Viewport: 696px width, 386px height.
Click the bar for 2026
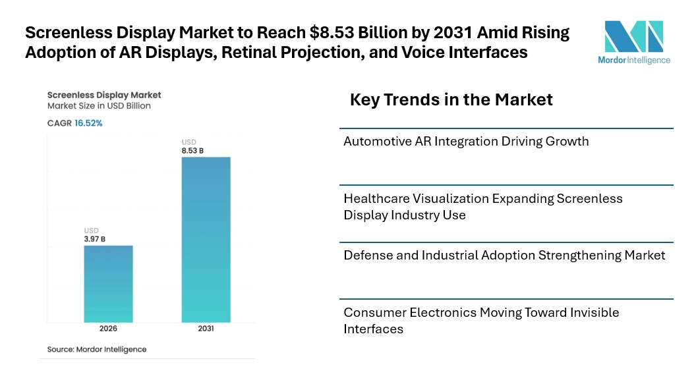click(x=108, y=283)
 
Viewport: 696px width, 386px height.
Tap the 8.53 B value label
click(x=192, y=151)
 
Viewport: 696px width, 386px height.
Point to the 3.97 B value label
click(x=95, y=239)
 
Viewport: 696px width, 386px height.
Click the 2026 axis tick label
click(x=108, y=329)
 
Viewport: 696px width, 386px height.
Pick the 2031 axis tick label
click(x=206, y=329)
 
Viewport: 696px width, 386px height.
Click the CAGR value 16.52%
click(x=88, y=123)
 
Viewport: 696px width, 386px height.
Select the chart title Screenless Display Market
click(x=104, y=95)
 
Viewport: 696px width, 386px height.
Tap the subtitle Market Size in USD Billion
click(x=99, y=105)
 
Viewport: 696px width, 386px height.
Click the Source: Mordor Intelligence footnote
click(x=97, y=349)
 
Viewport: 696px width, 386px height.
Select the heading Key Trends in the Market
click(x=451, y=100)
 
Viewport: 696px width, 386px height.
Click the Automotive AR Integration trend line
click(x=466, y=141)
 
